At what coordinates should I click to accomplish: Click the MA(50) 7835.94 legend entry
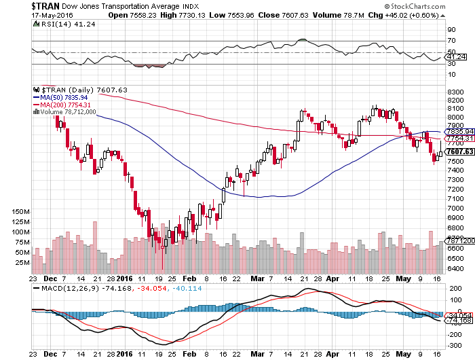66,97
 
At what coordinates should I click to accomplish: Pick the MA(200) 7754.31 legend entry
68,105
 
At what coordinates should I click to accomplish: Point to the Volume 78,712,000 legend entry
69,112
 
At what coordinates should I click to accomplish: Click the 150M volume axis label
20,212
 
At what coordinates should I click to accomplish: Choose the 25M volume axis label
22,262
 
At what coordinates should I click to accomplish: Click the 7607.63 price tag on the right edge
459,151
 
